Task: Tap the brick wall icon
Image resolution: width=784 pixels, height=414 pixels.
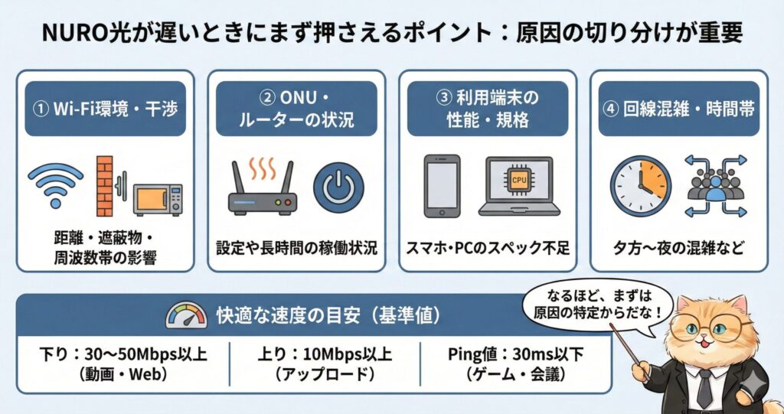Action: tap(104, 185)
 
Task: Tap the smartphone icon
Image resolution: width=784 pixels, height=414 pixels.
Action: tap(442, 186)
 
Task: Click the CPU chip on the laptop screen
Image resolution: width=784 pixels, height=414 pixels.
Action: tap(519, 179)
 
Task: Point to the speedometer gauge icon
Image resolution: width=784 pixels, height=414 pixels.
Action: tap(186, 315)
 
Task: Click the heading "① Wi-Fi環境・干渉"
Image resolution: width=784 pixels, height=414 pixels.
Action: tap(105, 109)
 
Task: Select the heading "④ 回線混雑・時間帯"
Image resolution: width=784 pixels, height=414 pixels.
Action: tap(678, 109)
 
